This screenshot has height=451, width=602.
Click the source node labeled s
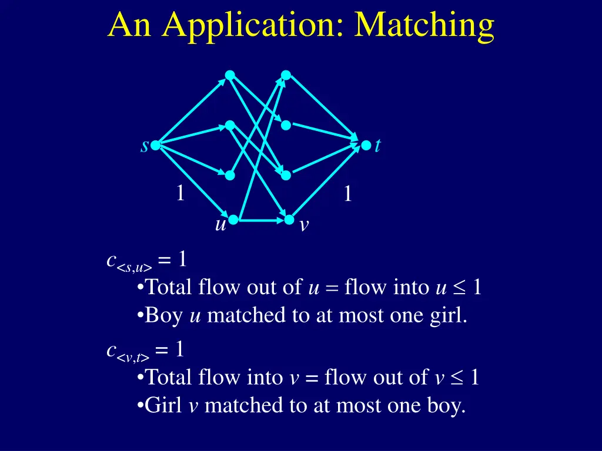pyautogui.click(x=155, y=145)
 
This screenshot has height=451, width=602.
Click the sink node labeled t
pyautogui.click(x=366, y=145)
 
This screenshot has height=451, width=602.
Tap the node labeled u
pyautogui.click(x=233, y=220)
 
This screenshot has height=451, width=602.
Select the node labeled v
pyautogui.click(x=289, y=220)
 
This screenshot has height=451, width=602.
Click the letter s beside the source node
pyautogui.click(x=144, y=146)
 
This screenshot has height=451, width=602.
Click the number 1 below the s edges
pyautogui.click(x=180, y=193)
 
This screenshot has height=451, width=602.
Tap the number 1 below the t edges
pyautogui.click(x=348, y=194)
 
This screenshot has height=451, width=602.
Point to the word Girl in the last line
pyautogui.click(x=164, y=405)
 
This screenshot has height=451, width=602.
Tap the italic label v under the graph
pyautogui.click(x=303, y=225)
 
